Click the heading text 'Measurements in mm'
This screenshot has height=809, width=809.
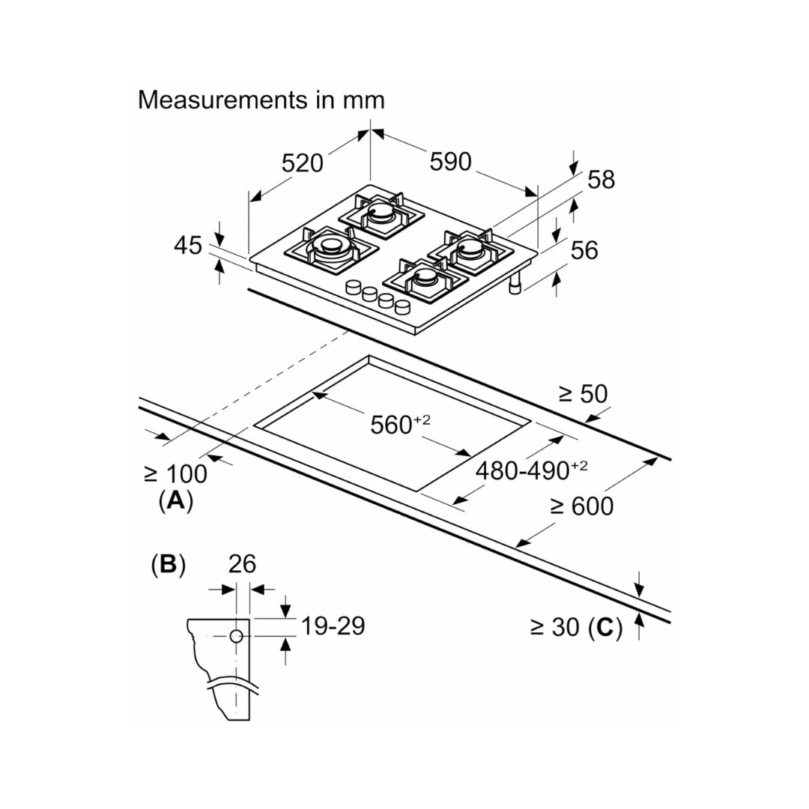(261, 100)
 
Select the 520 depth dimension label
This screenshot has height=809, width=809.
(302, 163)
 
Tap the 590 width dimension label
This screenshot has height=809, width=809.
(450, 161)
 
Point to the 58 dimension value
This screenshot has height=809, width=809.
(600, 180)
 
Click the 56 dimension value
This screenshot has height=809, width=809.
(584, 250)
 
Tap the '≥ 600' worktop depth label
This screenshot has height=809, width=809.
(581, 507)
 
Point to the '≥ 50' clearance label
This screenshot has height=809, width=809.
(584, 394)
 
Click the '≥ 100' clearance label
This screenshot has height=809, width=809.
(175, 473)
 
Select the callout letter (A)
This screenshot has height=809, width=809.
(175, 500)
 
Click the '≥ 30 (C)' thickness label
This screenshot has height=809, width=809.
(576, 628)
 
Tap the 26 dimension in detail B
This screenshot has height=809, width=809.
(241, 564)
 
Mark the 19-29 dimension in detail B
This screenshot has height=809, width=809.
(332, 625)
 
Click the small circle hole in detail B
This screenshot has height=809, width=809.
(236, 636)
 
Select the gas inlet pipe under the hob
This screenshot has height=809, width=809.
(515, 285)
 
